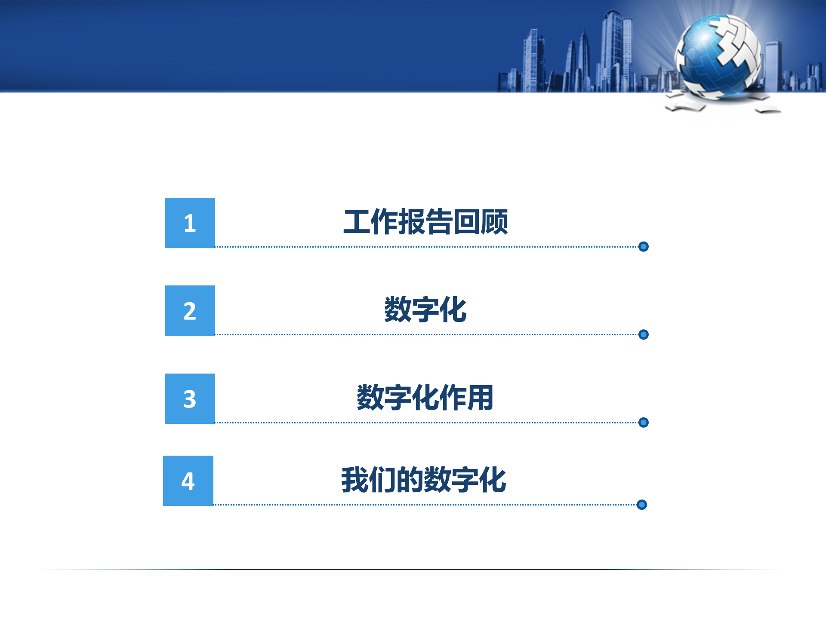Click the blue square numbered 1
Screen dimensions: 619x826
[190, 223]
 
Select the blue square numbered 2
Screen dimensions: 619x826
[190, 310]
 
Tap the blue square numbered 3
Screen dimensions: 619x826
[190, 398]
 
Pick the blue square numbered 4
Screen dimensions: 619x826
[188, 481]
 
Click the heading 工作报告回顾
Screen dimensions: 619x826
[425, 222]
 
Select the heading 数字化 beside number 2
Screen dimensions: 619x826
[425, 309]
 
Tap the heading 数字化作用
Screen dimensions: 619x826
[425, 398]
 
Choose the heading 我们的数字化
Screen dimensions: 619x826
[423, 480]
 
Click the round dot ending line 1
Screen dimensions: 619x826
[644, 246]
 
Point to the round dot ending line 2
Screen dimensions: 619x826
[644, 334]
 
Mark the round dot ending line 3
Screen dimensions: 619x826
[644, 423]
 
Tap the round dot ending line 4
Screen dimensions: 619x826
[642, 505]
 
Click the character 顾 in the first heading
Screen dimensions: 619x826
[494, 222]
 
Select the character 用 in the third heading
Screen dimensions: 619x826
[480, 398]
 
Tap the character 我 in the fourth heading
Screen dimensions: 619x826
[354, 480]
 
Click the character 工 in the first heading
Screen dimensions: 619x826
[357, 222]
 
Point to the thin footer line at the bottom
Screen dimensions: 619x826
[413, 570]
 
